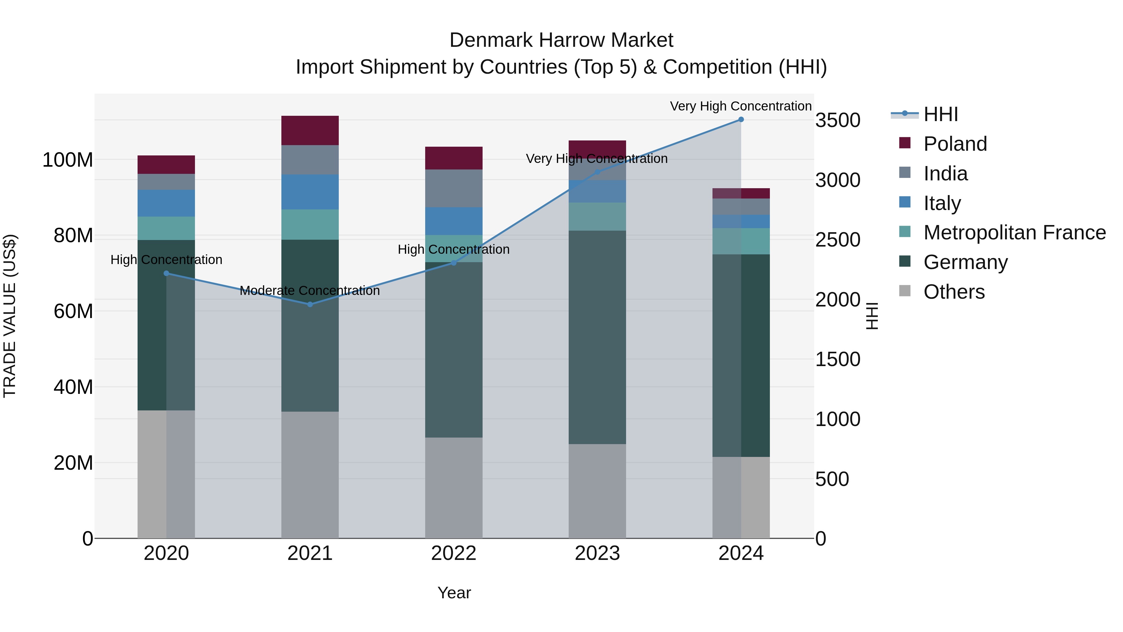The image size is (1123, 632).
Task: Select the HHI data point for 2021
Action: tap(310, 304)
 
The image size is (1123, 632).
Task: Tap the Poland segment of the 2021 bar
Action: tap(310, 130)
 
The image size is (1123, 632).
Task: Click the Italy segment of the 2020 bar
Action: tap(166, 203)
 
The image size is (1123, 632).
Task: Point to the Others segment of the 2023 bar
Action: tap(597, 491)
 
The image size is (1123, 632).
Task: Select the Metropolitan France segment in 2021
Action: tap(310, 225)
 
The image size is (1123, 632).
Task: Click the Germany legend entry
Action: tap(965, 262)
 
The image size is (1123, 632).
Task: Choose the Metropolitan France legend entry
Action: tap(1014, 233)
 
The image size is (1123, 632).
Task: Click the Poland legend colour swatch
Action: tap(905, 143)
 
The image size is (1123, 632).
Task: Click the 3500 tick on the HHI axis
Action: tap(838, 120)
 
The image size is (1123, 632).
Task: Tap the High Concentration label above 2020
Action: tap(166, 260)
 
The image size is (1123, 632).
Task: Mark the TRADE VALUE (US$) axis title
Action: tap(10, 316)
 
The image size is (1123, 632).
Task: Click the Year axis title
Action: tap(454, 593)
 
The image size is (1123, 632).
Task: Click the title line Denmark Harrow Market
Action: tap(561, 40)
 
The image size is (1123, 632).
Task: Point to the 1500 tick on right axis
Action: tap(838, 360)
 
